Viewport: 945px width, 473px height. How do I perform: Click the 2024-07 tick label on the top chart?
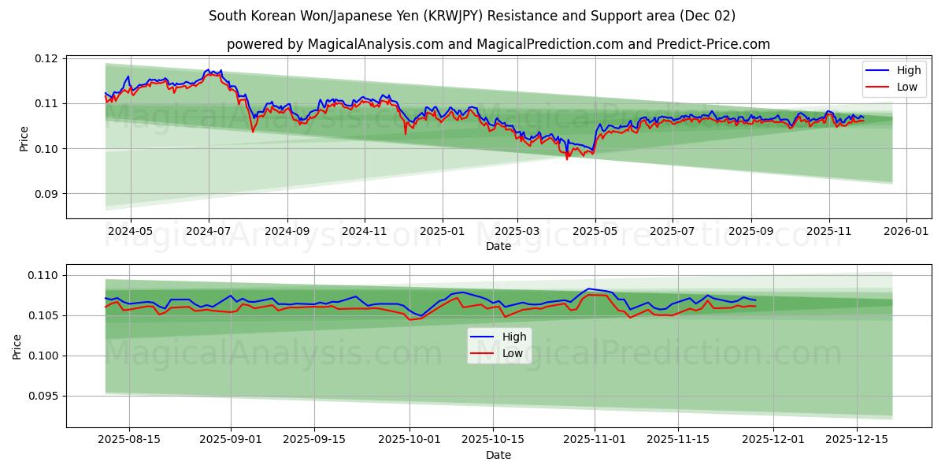click(208, 231)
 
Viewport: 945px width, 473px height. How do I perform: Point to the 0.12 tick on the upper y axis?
click(46, 58)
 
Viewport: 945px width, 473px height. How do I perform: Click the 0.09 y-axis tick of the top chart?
click(46, 194)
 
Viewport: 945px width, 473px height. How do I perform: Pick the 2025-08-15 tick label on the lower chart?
click(130, 440)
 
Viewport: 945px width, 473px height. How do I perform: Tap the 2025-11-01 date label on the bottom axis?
click(595, 440)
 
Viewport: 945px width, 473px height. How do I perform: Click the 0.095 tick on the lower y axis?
click(43, 397)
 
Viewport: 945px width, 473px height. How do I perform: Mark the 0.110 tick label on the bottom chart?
click(43, 275)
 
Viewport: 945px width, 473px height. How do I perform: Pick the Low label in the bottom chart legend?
click(513, 353)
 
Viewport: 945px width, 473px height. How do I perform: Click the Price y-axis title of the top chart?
click(24, 139)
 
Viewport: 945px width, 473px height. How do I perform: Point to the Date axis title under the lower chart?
click(498, 455)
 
